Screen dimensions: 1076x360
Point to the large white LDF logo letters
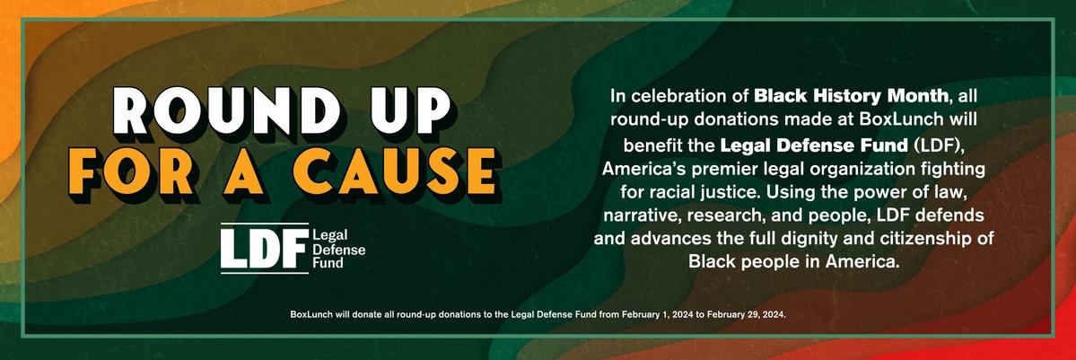pos(265,249)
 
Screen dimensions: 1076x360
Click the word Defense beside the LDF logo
pos(338,249)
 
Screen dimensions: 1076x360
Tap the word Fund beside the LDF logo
pos(328,262)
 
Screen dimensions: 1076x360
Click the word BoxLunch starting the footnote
pos(310,314)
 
